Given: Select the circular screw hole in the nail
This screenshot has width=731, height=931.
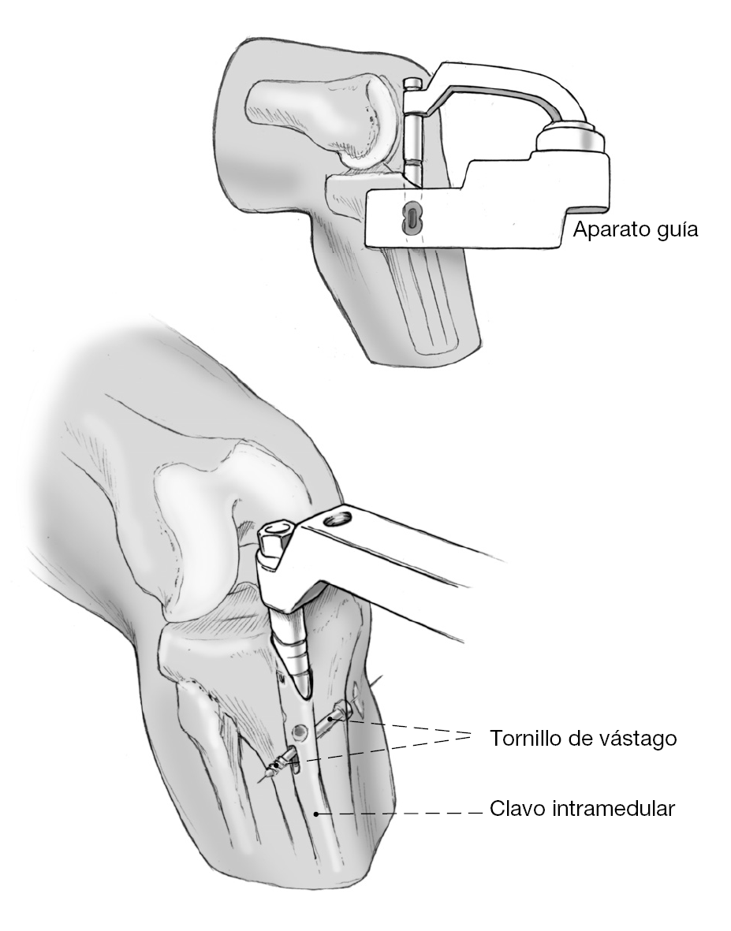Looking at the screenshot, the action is click(299, 732).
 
